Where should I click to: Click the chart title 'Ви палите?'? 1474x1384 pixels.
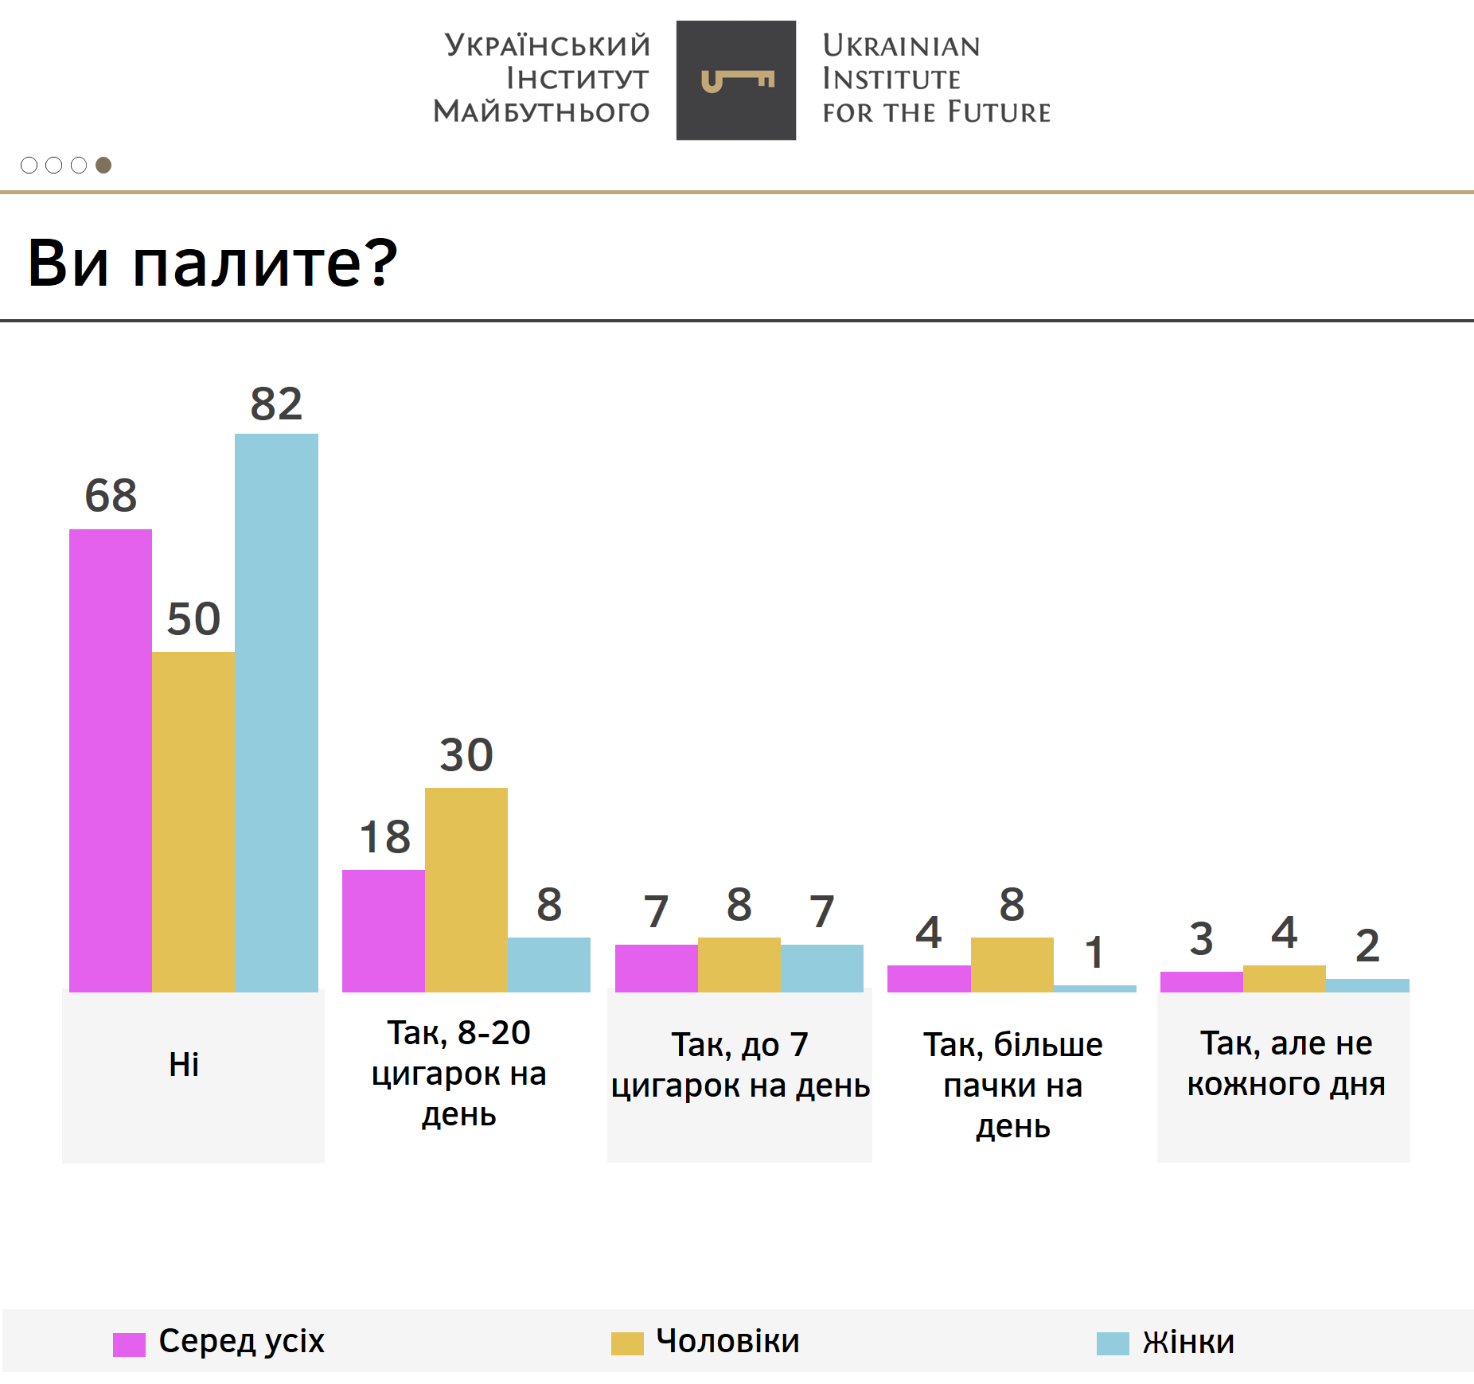213,263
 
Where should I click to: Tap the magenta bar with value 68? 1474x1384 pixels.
111,760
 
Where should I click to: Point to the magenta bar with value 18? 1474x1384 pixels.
384,930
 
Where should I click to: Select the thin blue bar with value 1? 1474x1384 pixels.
1095,988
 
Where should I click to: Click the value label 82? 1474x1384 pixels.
276,404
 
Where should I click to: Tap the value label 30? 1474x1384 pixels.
466,754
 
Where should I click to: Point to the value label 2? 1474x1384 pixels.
1367,945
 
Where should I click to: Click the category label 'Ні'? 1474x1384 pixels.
184,1064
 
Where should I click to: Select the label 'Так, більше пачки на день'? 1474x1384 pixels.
1012,1085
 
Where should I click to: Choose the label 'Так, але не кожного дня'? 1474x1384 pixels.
1286,1063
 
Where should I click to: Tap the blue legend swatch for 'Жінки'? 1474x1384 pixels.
1113,1343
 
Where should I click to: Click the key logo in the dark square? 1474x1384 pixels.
737,80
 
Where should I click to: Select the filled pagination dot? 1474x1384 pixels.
103,165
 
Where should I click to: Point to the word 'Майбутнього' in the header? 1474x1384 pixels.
541,111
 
